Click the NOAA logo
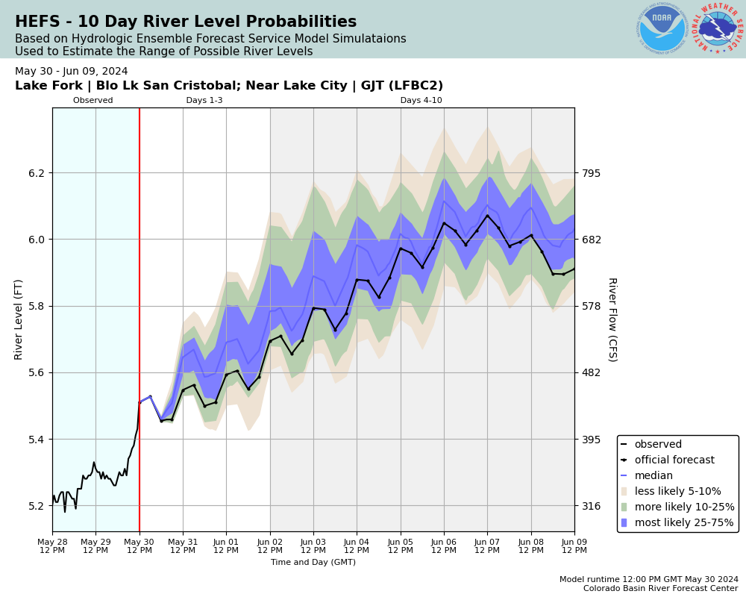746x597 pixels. tap(662, 28)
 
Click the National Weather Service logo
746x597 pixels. tap(718, 28)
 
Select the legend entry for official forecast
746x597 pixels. tap(674, 460)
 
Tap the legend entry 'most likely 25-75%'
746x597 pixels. tap(684, 522)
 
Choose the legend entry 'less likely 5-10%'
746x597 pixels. tap(677, 492)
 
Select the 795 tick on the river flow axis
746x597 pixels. tap(592, 173)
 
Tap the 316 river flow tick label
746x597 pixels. tap(592, 506)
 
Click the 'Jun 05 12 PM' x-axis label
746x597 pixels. tap(401, 546)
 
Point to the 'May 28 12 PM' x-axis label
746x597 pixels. tap(52, 546)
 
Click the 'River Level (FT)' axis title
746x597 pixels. tap(19, 319)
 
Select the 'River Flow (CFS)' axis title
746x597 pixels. tap(612, 319)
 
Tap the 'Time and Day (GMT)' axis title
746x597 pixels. tap(313, 563)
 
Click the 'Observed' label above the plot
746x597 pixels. tap(93, 101)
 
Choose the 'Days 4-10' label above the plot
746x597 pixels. tap(421, 101)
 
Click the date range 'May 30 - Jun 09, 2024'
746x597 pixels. tap(72, 72)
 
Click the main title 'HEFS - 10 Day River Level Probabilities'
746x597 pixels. tap(186, 22)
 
